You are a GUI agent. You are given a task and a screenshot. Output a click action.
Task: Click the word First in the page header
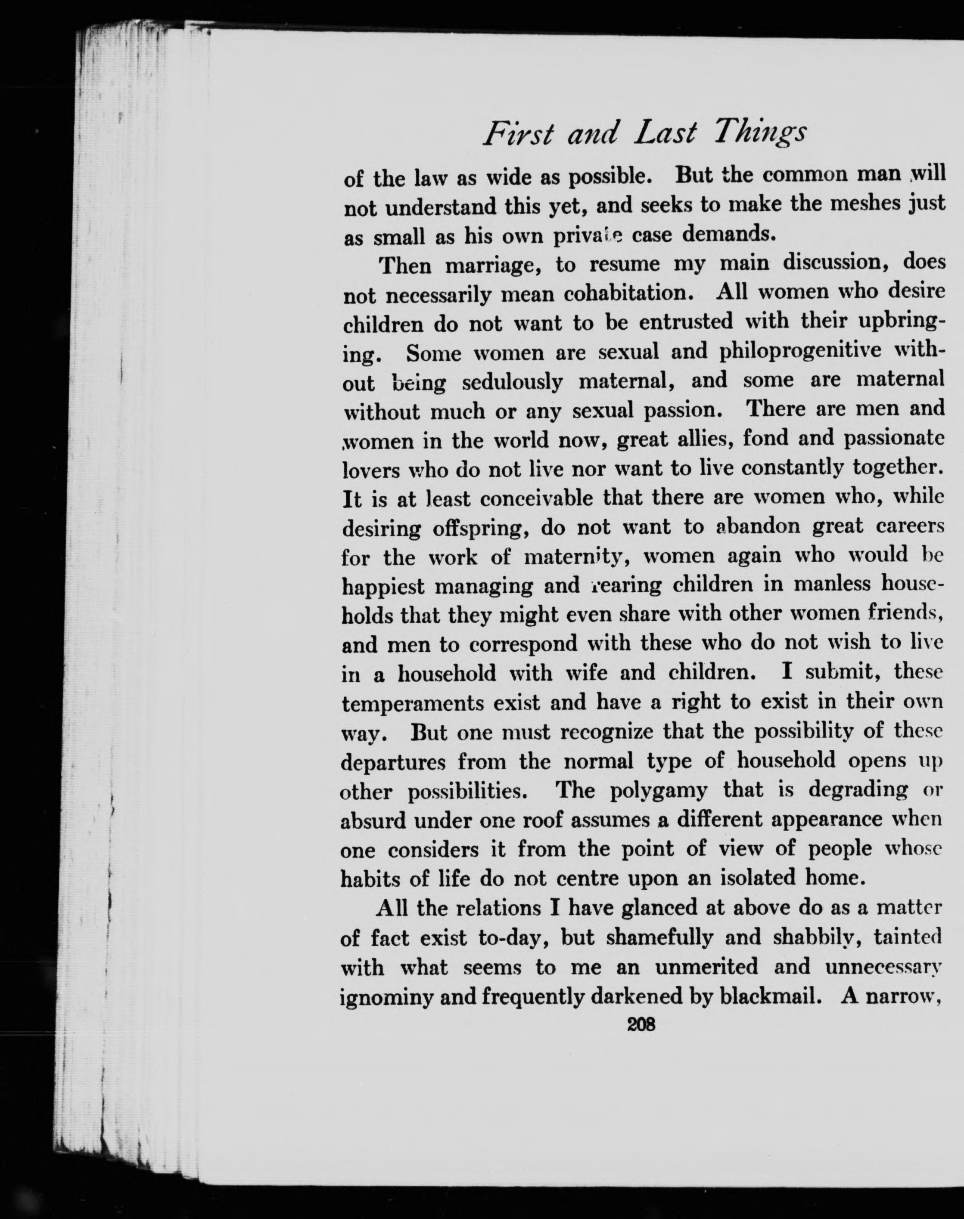click(518, 135)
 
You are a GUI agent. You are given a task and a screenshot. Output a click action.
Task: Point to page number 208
click(642, 1024)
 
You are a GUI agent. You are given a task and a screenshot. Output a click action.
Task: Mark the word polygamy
click(658, 790)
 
